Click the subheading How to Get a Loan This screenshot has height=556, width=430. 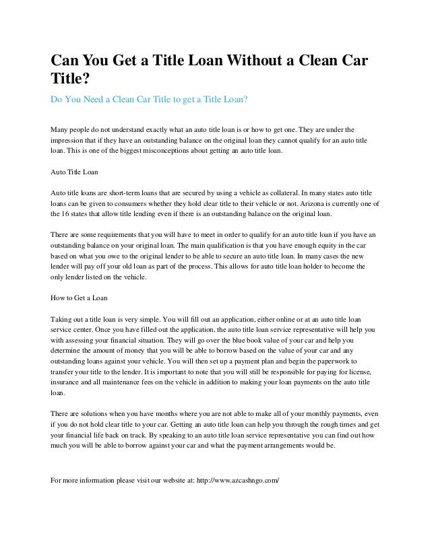click(80, 296)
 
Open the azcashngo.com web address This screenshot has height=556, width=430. click(235, 481)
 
